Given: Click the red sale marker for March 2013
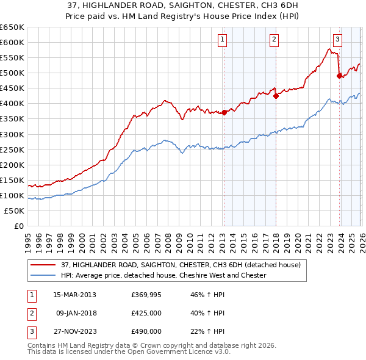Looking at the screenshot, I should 224,112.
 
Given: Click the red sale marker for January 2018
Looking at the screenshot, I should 276,95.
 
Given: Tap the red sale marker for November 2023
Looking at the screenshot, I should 339,76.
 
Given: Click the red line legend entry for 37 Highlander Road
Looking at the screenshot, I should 181,265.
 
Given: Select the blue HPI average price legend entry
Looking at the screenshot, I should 163,276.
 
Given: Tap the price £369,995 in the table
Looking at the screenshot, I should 146,295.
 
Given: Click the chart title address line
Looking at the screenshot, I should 183,6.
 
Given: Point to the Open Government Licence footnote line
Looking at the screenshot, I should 129,353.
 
